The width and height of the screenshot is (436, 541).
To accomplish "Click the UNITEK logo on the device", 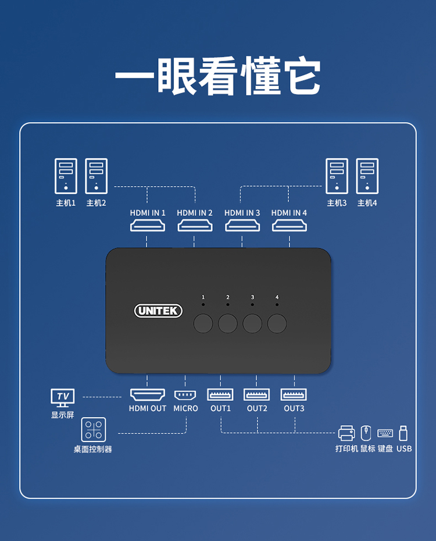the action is (x=158, y=311).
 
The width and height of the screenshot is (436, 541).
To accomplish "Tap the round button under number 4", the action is (x=277, y=323).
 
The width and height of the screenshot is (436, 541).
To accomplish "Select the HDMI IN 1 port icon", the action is (x=148, y=225).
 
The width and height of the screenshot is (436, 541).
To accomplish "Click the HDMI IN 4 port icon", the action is (x=289, y=225).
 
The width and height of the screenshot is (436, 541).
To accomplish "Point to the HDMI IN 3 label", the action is (x=242, y=213).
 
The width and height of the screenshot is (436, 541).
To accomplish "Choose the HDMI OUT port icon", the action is (x=148, y=394).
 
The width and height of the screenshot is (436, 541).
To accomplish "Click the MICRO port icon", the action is (x=185, y=394).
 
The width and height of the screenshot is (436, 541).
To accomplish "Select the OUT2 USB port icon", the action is (x=257, y=394).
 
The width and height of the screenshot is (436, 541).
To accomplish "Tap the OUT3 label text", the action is (x=294, y=408).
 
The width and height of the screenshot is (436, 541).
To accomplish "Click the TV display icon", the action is (x=63, y=398).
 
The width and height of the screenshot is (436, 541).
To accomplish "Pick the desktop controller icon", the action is (x=93, y=430).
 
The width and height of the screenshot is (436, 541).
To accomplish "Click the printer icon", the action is (x=346, y=433).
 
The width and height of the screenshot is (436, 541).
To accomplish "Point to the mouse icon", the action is (x=366, y=433).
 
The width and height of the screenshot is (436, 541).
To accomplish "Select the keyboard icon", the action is (x=385, y=433).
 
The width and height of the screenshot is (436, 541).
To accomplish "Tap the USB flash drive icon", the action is (x=403, y=433).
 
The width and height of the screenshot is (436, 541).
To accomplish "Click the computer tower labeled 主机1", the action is (x=66, y=176).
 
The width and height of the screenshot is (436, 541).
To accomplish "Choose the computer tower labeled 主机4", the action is (x=367, y=176).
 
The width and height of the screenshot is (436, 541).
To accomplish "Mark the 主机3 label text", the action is (x=337, y=203).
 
